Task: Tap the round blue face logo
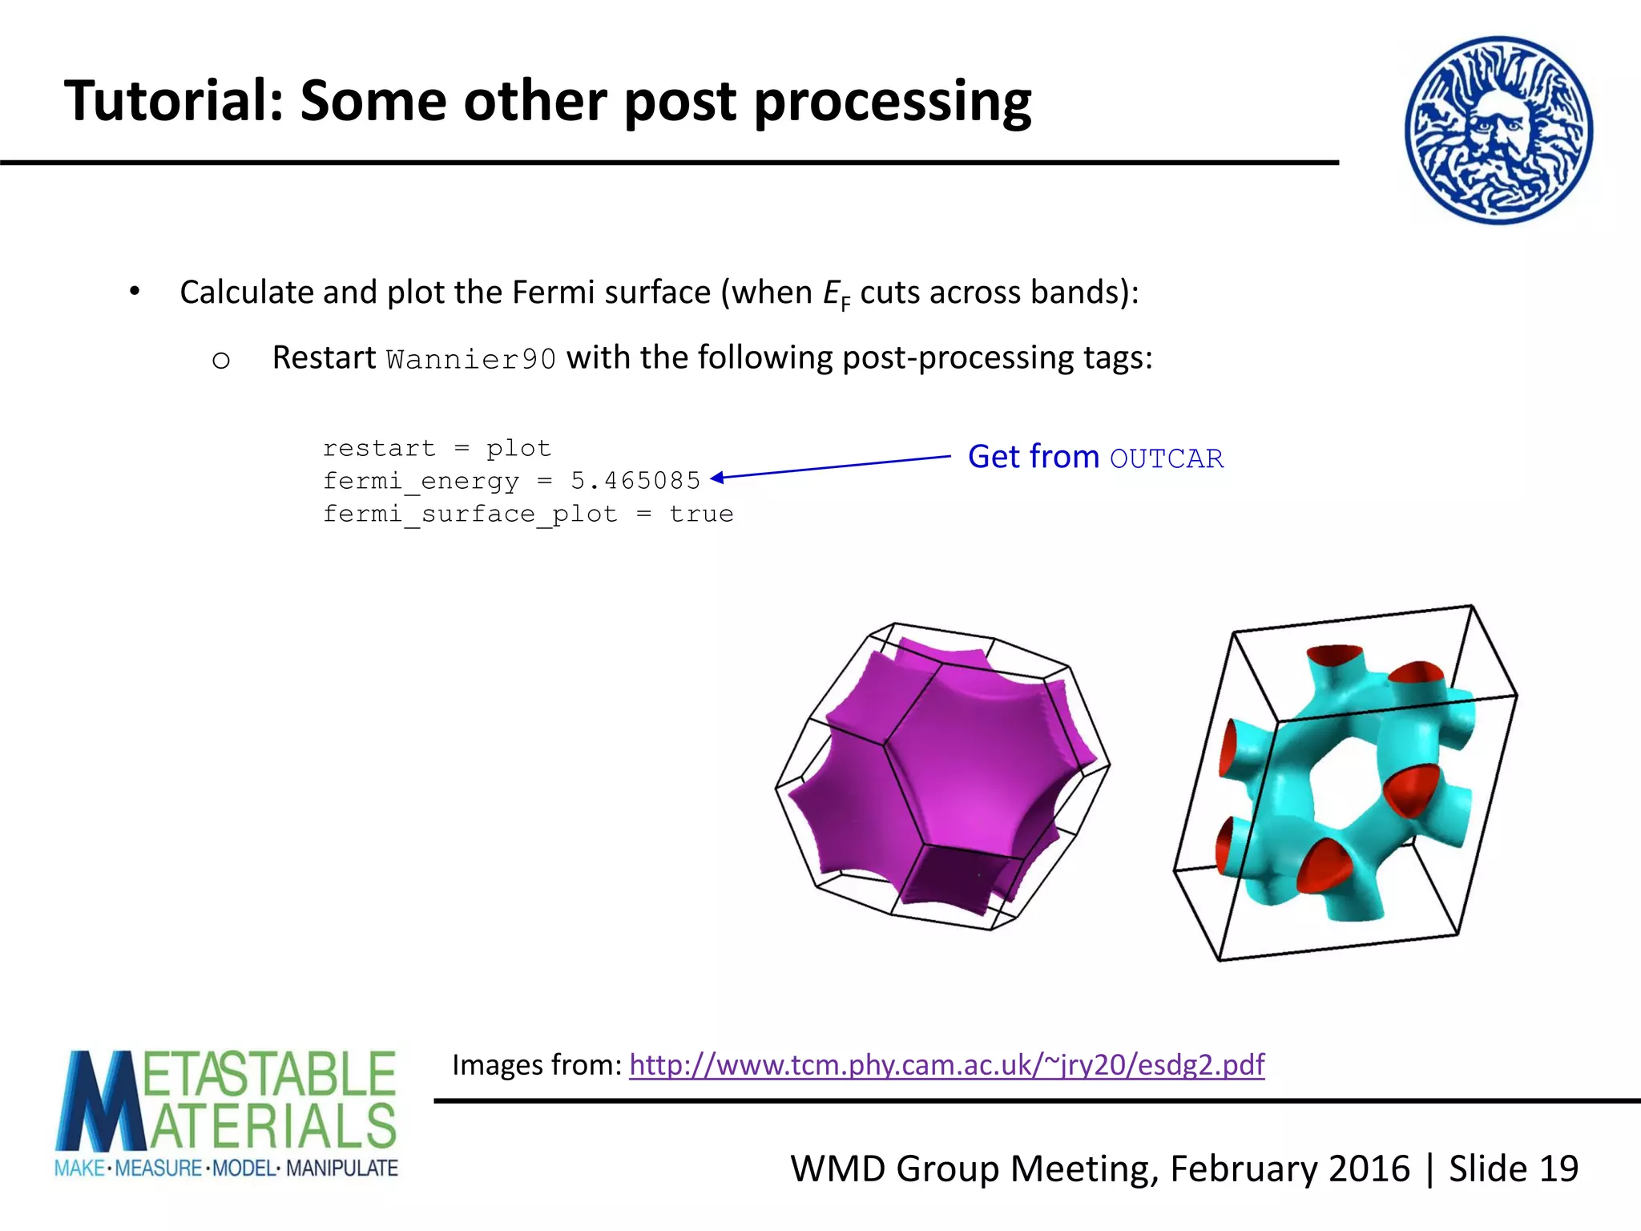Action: click(1498, 130)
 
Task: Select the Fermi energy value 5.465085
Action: click(635, 481)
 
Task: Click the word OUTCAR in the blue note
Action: click(1167, 458)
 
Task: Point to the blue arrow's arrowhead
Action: click(716, 478)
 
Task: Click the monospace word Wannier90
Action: click(470, 359)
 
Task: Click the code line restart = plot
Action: click(437, 448)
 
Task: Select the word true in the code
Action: click(701, 514)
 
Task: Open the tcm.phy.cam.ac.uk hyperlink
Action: click(946, 1064)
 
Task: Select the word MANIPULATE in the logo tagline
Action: click(341, 1168)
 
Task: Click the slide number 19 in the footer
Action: click(1558, 1168)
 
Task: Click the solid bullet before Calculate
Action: click(135, 292)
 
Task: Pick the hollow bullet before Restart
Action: click(221, 361)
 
